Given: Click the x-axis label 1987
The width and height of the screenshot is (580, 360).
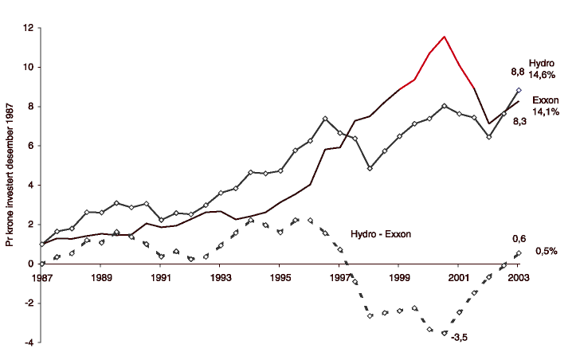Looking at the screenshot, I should point(41,279).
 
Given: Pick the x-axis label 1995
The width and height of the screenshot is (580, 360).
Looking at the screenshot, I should point(280,279).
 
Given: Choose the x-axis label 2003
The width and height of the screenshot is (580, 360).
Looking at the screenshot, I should point(519,279).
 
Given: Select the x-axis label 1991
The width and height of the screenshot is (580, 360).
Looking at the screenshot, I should point(160,279).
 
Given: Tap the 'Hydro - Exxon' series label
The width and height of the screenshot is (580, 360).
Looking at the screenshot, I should point(382,234).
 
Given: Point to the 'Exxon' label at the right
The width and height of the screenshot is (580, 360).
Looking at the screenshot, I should point(544,101).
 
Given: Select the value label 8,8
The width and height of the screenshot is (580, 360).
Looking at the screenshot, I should point(517,72).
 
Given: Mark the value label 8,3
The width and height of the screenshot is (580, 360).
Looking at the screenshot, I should point(519,120).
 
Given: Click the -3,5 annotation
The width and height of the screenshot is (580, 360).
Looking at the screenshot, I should point(459,338).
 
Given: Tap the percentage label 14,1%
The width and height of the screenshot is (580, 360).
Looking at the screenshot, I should point(545,112).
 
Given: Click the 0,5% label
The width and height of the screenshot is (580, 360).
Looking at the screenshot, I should point(545,251).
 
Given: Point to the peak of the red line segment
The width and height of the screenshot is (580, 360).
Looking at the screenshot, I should point(444,37).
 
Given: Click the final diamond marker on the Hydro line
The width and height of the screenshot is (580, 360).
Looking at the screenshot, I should point(519,91).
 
